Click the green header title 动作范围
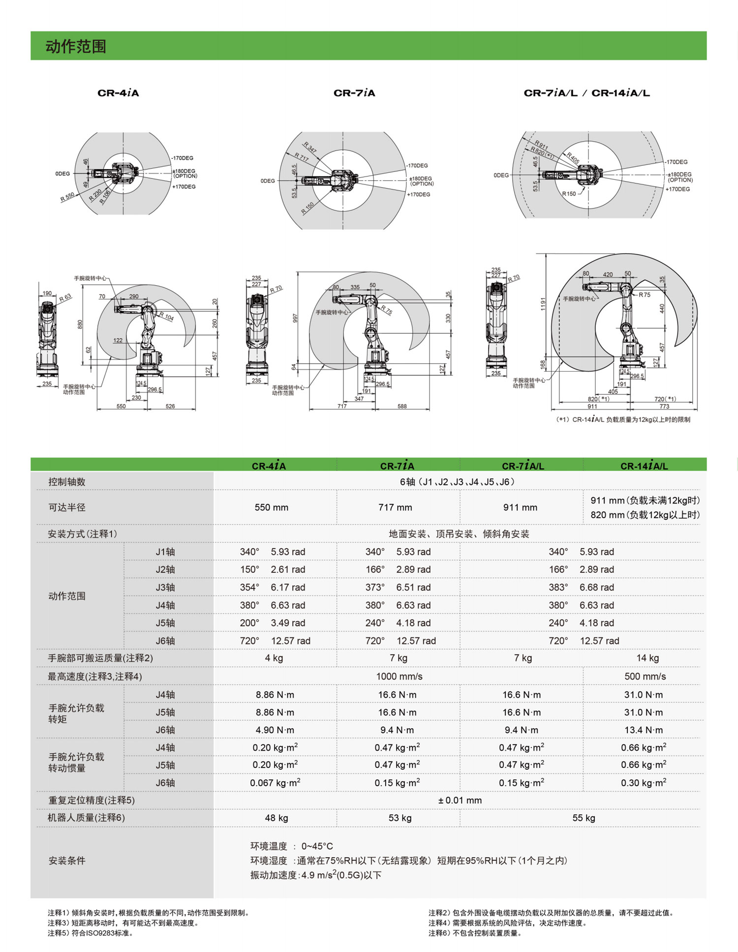(x=76, y=46)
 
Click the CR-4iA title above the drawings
(x=118, y=93)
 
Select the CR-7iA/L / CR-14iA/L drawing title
(x=586, y=93)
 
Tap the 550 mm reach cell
(x=272, y=507)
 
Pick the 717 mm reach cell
(x=395, y=507)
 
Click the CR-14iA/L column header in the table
(x=644, y=466)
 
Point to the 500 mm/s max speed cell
(x=645, y=677)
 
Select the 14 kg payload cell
(x=647, y=658)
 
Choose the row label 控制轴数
(x=67, y=482)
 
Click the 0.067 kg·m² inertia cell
(x=275, y=783)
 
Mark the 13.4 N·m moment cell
(x=644, y=730)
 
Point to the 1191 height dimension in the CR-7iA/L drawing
(x=543, y=304)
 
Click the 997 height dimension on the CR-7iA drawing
(x=295, y=318)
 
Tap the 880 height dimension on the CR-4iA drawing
(x=80, y=325)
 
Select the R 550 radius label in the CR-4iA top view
(x=67, y=197)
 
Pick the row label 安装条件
(x=67, y=861)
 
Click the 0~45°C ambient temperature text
(x=317, y=846)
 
